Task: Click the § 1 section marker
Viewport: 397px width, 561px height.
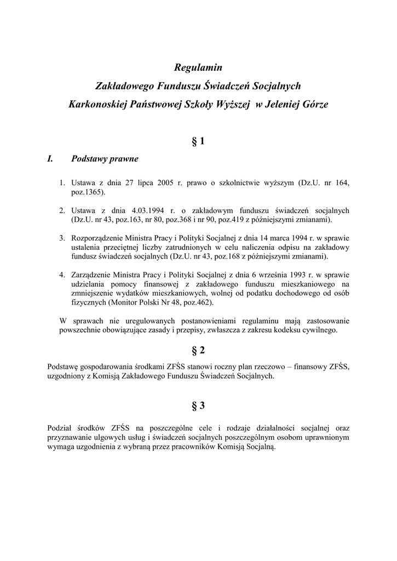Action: pyautogui.click(x=198, y=141)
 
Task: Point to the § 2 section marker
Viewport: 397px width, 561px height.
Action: pyautogui.click(x=198, y=350)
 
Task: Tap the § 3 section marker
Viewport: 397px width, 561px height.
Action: pyautogui.click(x=198, y=406)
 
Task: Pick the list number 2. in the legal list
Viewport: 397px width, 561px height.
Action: pyautogui.click(x=62, y=210)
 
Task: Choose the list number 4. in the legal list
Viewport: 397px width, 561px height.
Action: pyautogui.click(x=62, y=274)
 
